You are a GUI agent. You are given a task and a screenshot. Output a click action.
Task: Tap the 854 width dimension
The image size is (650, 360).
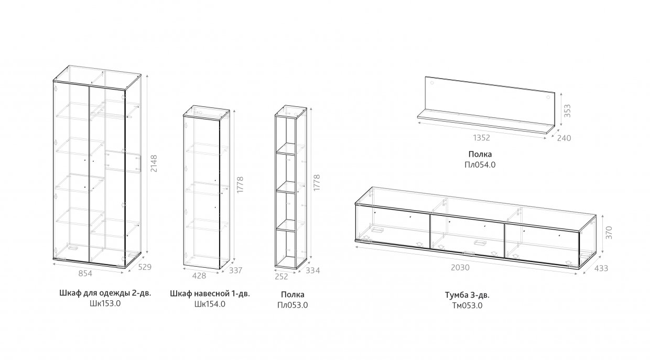(x=85, y=274)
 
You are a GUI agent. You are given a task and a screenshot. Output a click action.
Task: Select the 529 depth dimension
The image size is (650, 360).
(x=145, y=267)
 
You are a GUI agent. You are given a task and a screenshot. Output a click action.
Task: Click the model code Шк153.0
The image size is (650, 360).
(x=105, y=303)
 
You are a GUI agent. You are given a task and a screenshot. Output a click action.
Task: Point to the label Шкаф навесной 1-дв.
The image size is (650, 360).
(x=210, y=293)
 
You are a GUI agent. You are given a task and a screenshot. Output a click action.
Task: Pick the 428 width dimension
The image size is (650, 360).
(x=199, y=275)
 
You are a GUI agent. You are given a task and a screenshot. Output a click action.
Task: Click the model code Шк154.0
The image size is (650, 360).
(x=210, y=303)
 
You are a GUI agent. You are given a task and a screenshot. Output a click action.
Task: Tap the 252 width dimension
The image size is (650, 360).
(x=281, y=276)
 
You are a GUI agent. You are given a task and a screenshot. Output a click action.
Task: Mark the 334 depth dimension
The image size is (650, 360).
(x=312, y=270)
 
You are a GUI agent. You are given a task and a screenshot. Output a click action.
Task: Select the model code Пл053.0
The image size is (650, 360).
(x=292, y=304)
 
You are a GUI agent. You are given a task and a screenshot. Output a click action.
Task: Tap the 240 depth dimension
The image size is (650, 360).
(x=564, y=138)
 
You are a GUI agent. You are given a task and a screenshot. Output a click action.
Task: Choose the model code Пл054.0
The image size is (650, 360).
(x=481, y=165)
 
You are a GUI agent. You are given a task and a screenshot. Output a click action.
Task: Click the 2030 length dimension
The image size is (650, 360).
(x=460, y=267)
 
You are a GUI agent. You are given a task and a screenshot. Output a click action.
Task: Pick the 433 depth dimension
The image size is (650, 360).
(x=601, y=269)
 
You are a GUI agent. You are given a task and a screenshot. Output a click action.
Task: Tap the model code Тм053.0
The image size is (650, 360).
(x=467, y=306)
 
